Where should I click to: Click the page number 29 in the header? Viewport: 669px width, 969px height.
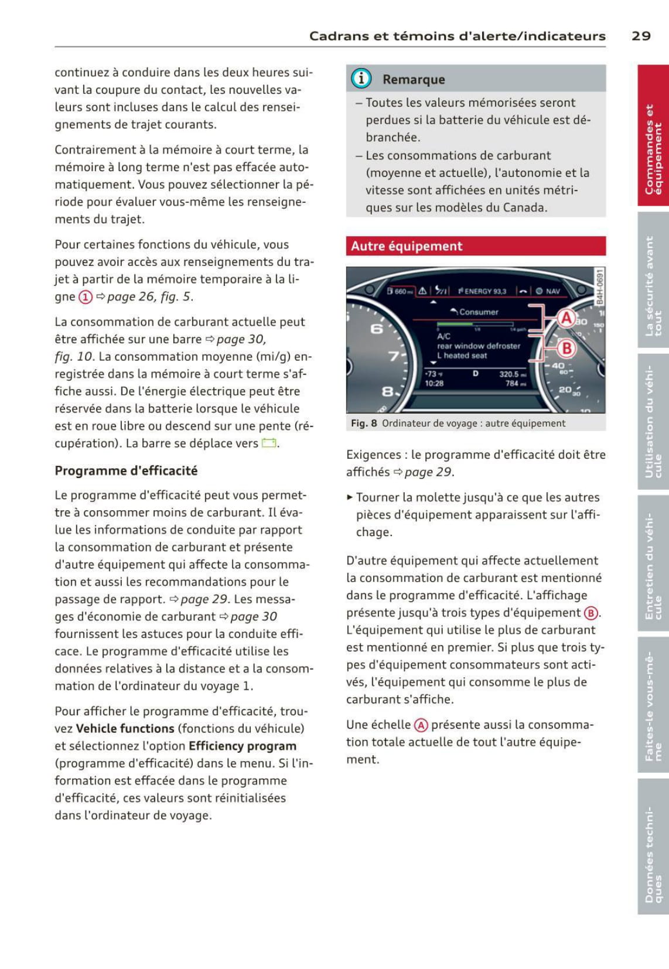[641, 36]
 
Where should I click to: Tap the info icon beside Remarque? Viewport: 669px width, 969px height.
[361, 79]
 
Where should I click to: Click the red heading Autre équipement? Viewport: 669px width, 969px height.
[407, 246]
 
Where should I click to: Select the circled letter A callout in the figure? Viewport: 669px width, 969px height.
[566, 318]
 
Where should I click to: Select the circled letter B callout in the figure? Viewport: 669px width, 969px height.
[566, 349]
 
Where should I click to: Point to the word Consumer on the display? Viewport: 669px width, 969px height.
[478, 312]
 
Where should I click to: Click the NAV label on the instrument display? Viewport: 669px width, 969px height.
[552, 291]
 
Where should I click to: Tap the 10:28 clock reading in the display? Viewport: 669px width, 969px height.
[434, 384]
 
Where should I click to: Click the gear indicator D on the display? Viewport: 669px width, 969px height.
[476, 374]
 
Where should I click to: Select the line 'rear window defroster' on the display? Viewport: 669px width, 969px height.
[479, 346]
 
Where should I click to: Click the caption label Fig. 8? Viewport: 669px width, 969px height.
[364, 424]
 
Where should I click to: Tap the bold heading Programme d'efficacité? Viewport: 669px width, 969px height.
[126, 471]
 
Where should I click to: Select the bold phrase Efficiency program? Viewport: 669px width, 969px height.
[243, 746]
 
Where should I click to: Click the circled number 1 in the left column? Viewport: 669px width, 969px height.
[86, 297]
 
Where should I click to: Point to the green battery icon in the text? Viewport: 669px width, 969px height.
[269, 443]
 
